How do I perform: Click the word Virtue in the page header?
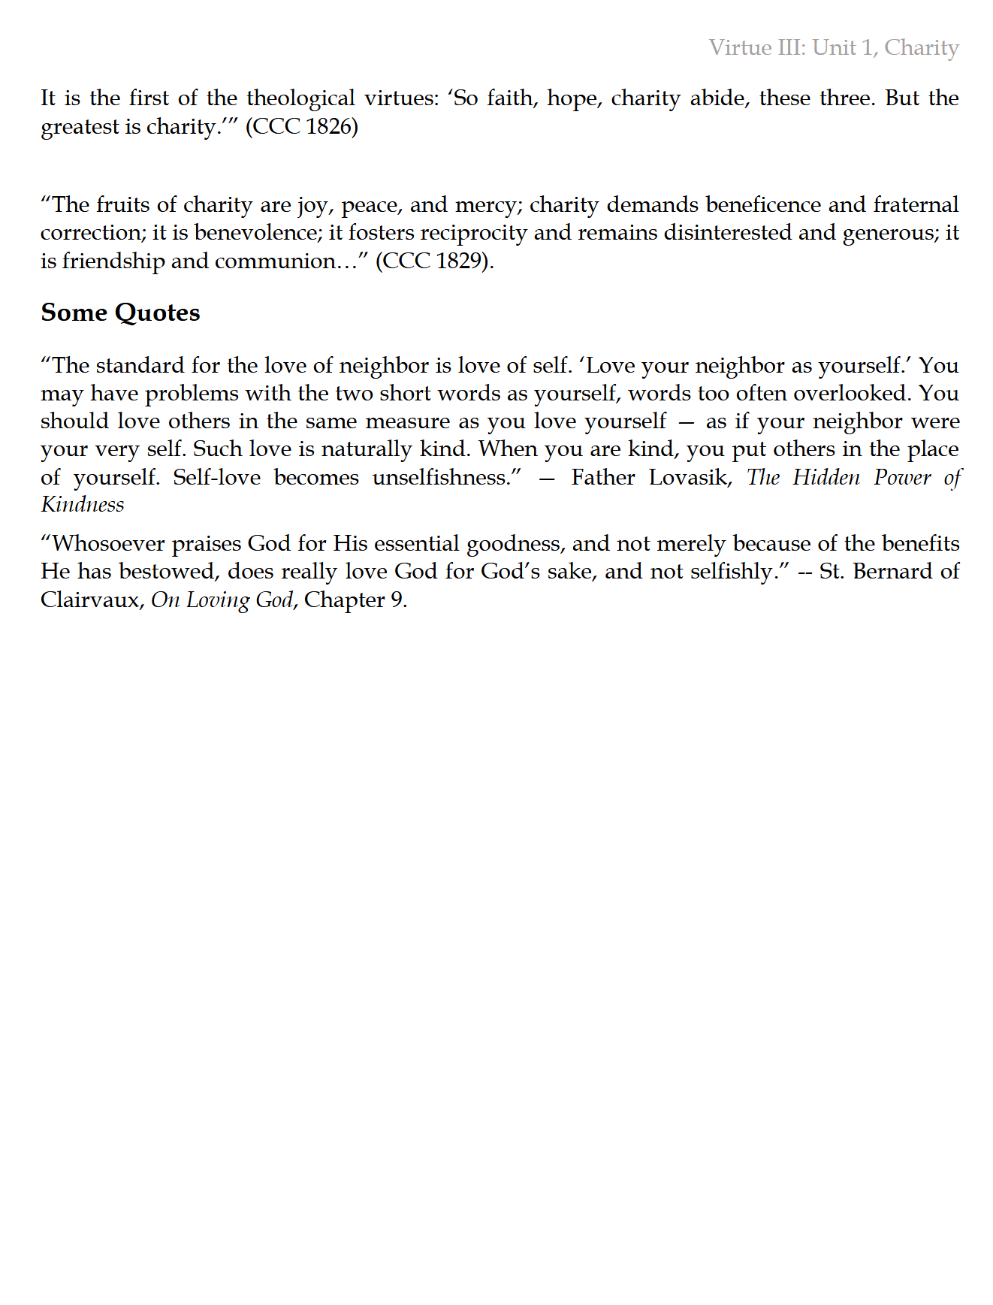pos(740,48)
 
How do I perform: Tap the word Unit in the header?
pos(835,48)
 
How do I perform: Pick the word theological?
pos(300,98)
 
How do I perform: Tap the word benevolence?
pos(257,233)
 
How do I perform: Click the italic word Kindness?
pos(83,505)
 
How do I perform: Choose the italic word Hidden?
pos(826,478)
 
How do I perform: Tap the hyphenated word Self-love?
pos(216,478)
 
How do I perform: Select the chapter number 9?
pos(396,600)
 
